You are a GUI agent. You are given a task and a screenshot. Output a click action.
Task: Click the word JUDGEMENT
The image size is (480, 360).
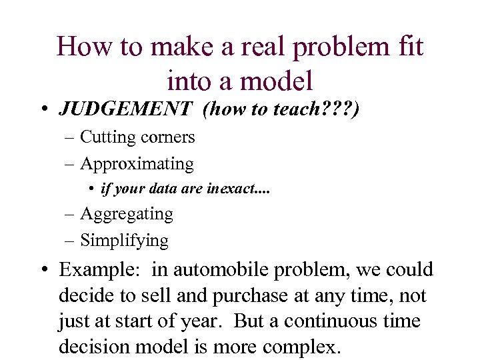[125, 109]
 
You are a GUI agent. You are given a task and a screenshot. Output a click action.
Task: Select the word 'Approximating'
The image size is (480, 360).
[137, 164]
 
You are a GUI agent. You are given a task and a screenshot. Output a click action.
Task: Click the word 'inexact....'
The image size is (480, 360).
[239, 189]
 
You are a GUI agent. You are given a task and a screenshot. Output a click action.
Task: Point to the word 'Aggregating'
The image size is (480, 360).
[127, 214]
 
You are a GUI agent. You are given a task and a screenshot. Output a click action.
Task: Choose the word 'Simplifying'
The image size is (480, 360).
[124, 240]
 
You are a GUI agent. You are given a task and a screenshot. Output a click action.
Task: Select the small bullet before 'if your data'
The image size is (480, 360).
[91, 189]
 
